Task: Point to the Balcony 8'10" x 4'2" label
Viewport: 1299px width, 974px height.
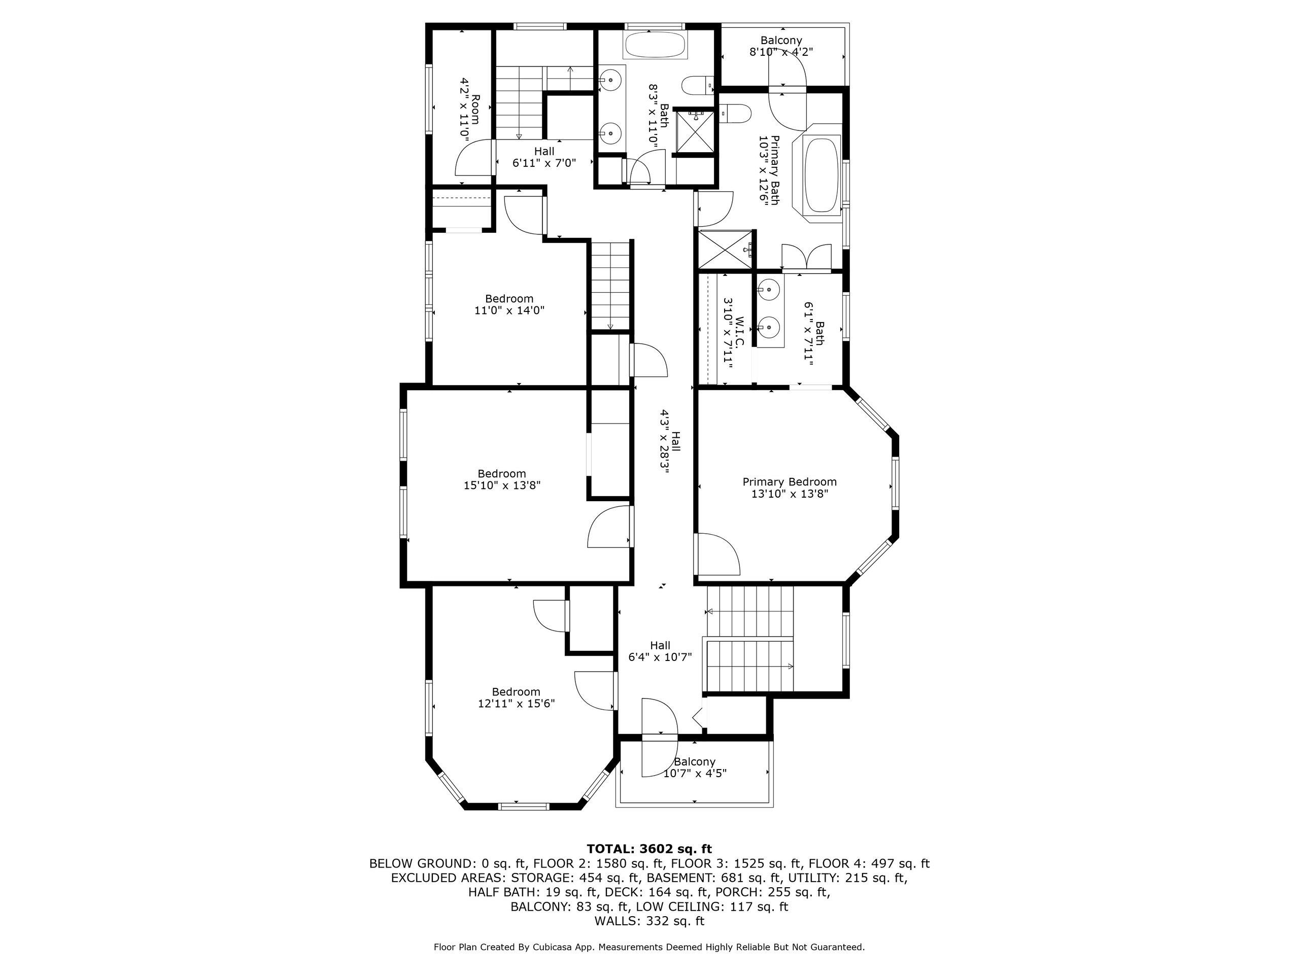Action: (x=781, y=46)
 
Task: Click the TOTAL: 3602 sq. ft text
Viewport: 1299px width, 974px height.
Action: (x=649, y=849)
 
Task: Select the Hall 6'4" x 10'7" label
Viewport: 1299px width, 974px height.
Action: (x=660, y=651)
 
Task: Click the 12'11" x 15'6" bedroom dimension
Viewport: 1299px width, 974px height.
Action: (x=516, y=703)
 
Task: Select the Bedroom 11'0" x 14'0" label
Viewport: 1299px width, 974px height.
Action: (x=509, y=304)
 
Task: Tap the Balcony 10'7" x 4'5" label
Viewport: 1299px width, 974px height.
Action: (x=695, y=768)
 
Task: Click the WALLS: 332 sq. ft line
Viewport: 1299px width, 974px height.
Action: (x=649, y=921)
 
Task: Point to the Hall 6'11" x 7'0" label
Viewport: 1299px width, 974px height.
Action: (x=544, y=157)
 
